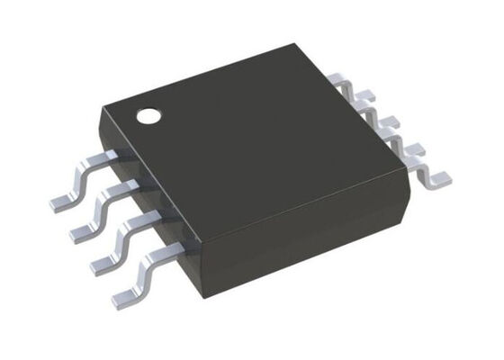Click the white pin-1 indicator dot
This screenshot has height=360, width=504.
point(147,115)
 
